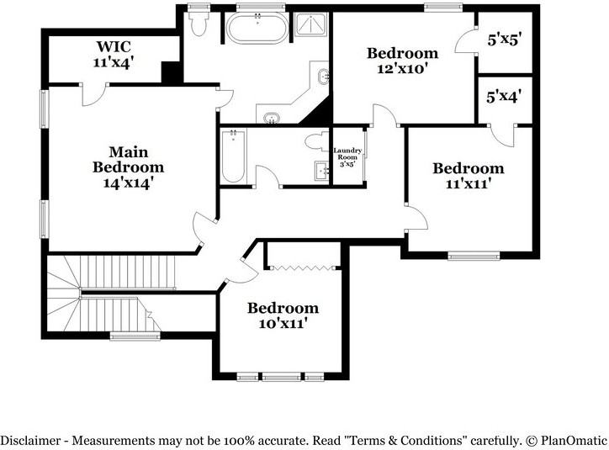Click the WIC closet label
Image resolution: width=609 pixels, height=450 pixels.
click(114, 46)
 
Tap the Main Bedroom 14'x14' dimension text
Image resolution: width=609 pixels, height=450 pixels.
click(128, 183)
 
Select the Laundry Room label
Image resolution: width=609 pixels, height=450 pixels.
click(347, 153)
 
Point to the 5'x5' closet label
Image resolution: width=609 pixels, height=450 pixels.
click(504, 40)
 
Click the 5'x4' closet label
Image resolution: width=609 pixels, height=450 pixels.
click(504, 96)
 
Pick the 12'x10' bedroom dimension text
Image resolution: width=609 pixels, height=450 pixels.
click(403, 69)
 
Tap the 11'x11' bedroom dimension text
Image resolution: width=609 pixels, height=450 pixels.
click(469, 183)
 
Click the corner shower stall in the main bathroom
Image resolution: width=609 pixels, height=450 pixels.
click(311, 24)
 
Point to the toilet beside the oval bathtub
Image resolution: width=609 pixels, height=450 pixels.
click(199, 23)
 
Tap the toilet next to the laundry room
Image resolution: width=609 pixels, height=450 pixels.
click(316, 141)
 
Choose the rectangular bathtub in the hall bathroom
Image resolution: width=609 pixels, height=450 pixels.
click(233, 156)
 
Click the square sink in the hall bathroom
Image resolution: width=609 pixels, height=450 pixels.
click(321, 171)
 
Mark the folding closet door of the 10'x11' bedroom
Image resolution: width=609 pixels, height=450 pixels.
click(303, 267)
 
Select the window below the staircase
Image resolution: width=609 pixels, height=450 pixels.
click(135, 336)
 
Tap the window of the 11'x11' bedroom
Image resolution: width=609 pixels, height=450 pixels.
click(474, 256)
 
